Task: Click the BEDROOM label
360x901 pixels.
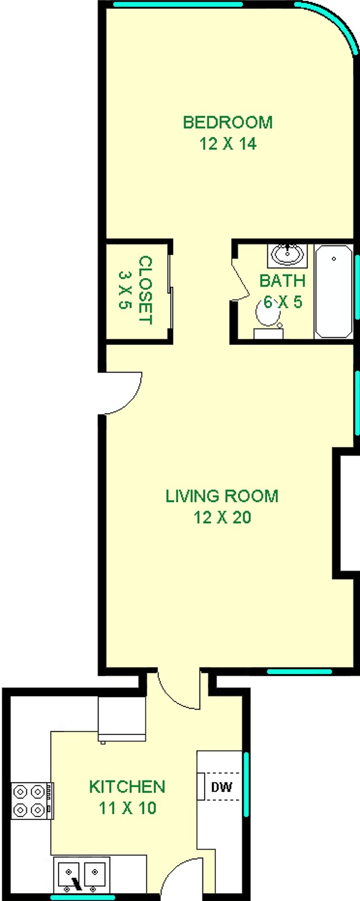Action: tap(228, 122)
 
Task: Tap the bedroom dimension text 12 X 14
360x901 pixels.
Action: tap(228, 144)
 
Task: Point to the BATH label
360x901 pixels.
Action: tap(282, 280)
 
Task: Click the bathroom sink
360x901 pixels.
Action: tap(288, 255)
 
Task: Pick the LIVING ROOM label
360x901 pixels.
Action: tap(222, 496)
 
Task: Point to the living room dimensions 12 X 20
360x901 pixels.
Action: tap(222, 517)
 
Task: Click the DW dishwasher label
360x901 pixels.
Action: tap(222, 787)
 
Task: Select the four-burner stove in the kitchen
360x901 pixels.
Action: tap(31, 801)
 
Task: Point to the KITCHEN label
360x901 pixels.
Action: tap(127, 786)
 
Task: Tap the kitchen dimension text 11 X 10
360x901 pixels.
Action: tap(128, 808)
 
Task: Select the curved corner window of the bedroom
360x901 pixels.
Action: tap(332, 23)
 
